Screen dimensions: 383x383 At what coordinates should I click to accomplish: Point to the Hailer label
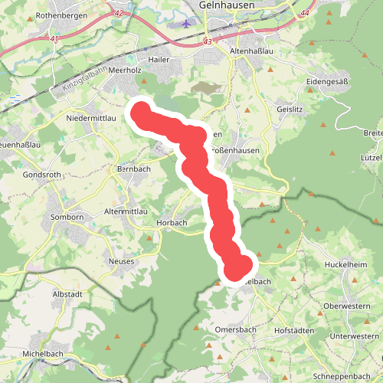click(x=159, y=59)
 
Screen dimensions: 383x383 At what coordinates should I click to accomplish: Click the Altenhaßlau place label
click(x=251, y=52)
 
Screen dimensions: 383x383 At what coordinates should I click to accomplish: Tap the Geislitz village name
click(x=291, y=110)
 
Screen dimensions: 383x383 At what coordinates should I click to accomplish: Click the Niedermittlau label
click(x=91, y=118)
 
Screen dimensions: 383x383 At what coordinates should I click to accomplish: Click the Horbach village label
click(x=172, y=223)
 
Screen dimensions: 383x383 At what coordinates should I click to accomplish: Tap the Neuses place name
click(x=121, y=261)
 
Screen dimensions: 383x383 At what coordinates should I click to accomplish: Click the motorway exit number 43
click(x=208, y=41)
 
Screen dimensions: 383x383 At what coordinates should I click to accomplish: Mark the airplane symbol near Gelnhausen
click(x=187, y=25)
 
